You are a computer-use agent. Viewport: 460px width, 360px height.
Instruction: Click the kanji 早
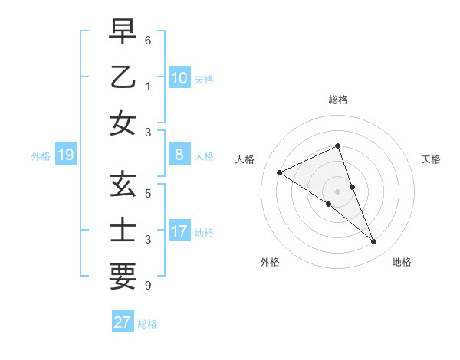tap(123, 32)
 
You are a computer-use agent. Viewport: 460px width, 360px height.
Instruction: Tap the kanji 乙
tap(123, 77)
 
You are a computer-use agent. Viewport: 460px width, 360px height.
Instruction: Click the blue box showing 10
tap(179, 77)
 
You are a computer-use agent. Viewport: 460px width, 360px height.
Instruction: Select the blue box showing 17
tap(179, 231)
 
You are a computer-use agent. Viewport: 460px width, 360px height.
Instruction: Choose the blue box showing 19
tap(65, 155)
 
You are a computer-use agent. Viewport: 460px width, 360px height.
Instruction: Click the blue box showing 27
tap(123, 322)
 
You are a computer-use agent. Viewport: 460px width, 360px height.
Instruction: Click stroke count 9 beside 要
tap(148, 286)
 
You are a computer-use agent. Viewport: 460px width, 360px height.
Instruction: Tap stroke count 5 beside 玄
tap(148, 193)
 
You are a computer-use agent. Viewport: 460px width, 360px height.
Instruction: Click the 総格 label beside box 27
tap(147, 324)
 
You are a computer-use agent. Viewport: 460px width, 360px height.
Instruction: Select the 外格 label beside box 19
tap(41, 156)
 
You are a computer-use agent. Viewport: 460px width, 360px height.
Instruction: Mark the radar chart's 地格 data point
tap(374, 242)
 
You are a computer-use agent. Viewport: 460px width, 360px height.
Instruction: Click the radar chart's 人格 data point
tap(279, 172)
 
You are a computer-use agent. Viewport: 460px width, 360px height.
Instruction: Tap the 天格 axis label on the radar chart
tap(431, 159)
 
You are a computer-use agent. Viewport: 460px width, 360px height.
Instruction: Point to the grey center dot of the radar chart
tap(337, 191)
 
